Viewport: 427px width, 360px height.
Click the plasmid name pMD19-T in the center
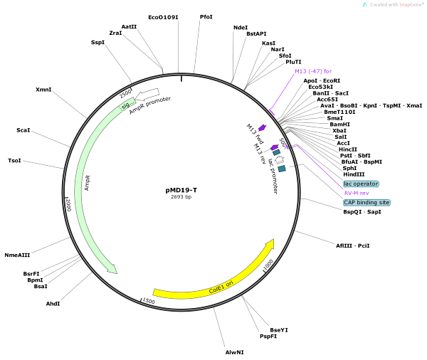pyautogui.click(x=181, y=190)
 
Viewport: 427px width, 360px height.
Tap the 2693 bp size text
pyautogui.click(x=181, y=197)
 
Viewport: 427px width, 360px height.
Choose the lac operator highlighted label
pyautogui.click(x=361, y=184)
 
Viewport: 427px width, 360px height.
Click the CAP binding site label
pyautogui.click(x=367, y=202)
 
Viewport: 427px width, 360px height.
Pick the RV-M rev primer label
pyautogui.click(x=357, y=193)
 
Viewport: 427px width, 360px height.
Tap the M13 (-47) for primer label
pyautogui.click(x=313, y=71)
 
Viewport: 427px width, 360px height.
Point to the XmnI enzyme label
pyautogui.click(x=43, y=90)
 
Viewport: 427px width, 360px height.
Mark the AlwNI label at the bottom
pyautogui.click(x=234, y=352)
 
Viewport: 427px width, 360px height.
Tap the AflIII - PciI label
pyautogui.click(x=353, y=245)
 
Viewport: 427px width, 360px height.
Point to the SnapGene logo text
pyautogui.click(x=396, y=5)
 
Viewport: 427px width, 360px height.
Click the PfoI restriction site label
pyautogui.click(x=206, y=16)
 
